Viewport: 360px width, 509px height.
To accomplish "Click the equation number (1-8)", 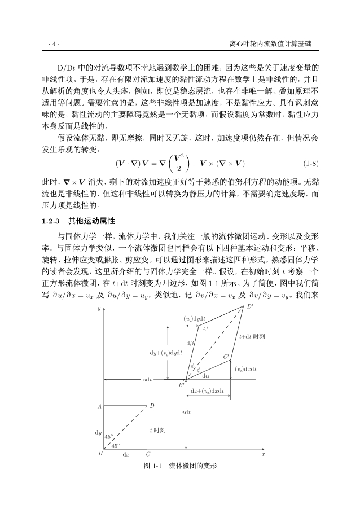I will point(311,164).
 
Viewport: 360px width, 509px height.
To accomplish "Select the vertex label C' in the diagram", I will point(226,356).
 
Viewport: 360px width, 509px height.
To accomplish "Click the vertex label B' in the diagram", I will point(181,385).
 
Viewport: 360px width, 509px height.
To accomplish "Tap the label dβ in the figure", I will point(190,343).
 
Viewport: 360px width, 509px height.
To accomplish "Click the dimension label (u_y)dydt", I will point(195,319).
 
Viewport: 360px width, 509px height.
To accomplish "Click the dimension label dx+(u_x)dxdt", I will point(207,390).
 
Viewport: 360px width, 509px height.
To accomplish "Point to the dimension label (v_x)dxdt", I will point(246,368).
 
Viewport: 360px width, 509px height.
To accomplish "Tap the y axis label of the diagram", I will point(99,309).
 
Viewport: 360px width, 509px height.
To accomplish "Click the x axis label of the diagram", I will point(262,453).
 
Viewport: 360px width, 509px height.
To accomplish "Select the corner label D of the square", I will point(152,406).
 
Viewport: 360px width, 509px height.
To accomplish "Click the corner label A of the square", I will point(99,406).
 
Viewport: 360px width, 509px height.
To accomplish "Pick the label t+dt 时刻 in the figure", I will point(252,336).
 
